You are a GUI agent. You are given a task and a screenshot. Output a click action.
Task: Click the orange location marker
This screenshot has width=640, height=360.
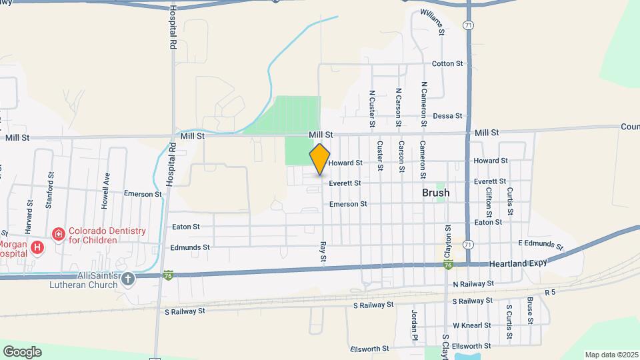[x=320, y=159]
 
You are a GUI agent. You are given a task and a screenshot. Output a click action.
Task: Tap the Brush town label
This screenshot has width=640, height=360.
[x=435, y=193]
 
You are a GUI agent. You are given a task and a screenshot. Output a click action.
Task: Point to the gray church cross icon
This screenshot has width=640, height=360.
[x=128, y=279]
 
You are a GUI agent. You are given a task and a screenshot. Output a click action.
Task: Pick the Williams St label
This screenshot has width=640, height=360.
[x=432, y=23]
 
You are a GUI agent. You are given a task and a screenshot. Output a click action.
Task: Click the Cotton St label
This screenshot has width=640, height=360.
[x=447, y=64]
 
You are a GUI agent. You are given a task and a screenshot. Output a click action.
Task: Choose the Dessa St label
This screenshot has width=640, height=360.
[x=447, y=116]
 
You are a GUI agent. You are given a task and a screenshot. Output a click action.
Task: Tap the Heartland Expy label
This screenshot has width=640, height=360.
[x=517, y=263]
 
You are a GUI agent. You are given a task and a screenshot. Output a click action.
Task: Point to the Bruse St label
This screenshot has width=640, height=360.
[x=530, y=310]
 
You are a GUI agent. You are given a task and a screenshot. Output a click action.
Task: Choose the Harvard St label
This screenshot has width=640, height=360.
[x=29, y=217]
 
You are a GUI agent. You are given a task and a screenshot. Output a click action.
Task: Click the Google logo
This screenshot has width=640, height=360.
[x=22, y=351]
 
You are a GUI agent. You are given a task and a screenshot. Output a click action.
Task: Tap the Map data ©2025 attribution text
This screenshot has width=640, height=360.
[x=611, y=355]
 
